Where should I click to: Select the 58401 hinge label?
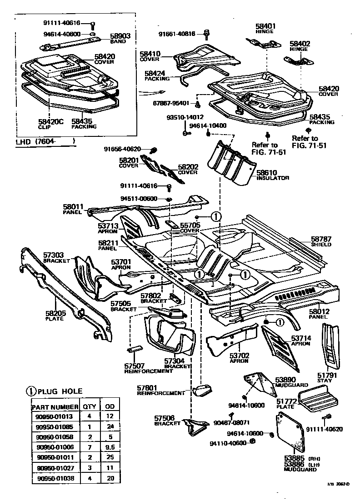click(x=265, y=26)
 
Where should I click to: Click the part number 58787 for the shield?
click(x=321, y=239)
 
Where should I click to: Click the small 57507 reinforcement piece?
click(x=134, y=350)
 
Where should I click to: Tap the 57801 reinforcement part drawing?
click(x=203, y=390)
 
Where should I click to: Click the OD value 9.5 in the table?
click(x=109, y=447)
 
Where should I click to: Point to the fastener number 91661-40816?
click(x=177, y=33)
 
